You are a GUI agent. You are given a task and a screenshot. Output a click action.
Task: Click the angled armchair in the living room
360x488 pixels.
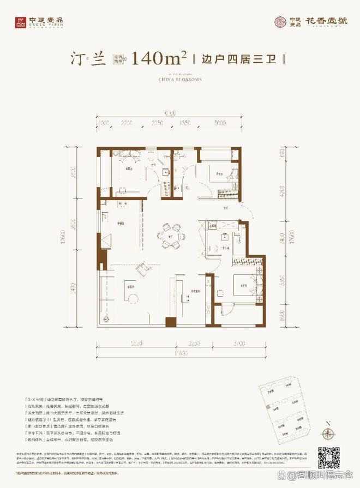pyautogui.click(x=143, y=268)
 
